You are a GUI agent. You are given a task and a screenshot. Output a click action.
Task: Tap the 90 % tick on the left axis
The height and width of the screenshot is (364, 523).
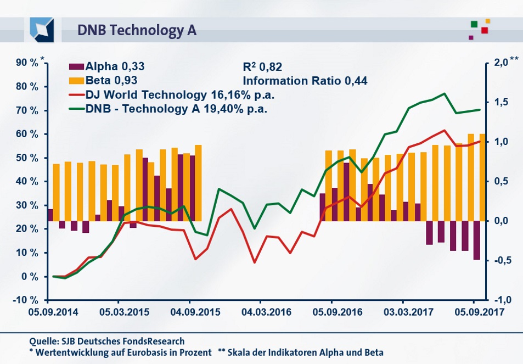[27, 63]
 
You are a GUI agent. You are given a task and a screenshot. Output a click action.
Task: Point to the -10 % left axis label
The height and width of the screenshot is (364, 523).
[25, 300]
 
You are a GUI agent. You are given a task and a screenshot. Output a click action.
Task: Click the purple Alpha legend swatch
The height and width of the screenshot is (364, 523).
[76, 68]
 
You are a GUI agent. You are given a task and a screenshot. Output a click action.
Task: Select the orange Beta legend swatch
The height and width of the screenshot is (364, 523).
[76, 81]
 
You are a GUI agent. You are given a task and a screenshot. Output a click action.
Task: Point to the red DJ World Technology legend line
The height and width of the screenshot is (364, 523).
[76, 95]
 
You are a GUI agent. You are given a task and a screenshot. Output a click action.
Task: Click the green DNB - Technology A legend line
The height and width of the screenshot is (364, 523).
[76, 108]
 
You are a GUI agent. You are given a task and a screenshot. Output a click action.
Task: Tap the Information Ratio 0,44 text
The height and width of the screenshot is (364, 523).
[305, 81]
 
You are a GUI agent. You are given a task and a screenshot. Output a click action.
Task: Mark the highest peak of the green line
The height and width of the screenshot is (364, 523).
[444, 93]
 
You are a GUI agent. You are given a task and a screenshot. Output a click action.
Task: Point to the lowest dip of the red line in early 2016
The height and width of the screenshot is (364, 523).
[254, 262]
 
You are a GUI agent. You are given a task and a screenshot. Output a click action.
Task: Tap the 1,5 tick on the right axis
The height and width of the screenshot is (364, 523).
[501, 102]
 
